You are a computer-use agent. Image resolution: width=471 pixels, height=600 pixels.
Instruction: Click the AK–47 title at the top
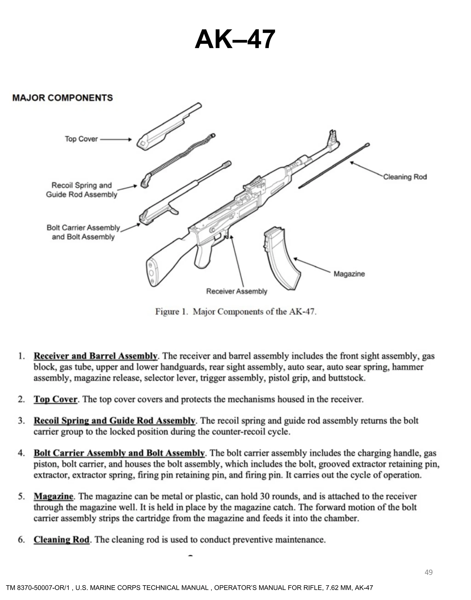[x=235, y=39]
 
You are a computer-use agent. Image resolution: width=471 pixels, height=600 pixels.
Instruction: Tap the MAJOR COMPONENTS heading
[x=63, y=98]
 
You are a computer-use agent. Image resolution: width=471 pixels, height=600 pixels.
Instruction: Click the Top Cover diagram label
[x=81, y=139]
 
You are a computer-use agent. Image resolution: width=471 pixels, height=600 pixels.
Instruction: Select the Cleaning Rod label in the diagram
[x=405, y=177]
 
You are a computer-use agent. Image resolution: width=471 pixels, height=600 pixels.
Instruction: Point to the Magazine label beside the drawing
[x=349, y=274]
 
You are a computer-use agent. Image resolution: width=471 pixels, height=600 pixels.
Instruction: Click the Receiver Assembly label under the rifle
[x=237, y=291]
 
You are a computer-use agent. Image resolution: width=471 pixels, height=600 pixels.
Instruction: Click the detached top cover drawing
[x=168, y=127]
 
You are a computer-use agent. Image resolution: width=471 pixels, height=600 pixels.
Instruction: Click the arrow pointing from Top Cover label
[x=116, y=140]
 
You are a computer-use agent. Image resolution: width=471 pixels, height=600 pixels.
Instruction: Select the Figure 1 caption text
[x=236, y=312]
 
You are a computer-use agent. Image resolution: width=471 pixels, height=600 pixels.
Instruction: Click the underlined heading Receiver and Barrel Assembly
[x=95, y=356]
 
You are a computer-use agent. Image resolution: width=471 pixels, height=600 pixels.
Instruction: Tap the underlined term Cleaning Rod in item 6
[x=61, y=540]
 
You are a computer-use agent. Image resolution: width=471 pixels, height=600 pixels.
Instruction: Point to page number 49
[x=428, y=572]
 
